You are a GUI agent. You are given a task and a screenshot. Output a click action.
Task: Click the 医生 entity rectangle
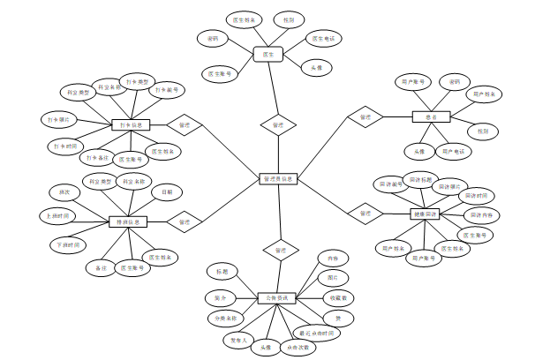[267, 55]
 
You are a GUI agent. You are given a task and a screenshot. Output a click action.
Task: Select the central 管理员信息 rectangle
[279, 179]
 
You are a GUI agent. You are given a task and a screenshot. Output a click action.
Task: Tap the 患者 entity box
[431, 116]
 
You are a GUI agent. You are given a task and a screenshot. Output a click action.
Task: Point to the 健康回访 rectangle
[425, 214]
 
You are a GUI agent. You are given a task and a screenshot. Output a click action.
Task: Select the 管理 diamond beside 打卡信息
[185, 125]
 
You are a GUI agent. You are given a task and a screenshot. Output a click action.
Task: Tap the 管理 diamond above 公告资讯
[280, 251]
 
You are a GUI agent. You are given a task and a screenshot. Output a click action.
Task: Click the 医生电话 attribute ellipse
[322, 39]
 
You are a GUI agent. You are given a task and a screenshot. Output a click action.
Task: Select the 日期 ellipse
[167, 191]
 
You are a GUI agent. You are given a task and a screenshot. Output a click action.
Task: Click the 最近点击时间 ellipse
[315, 333]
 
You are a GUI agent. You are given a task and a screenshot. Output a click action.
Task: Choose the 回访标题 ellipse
[421, 179]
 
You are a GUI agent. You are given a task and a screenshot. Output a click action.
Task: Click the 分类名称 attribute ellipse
[226, 317]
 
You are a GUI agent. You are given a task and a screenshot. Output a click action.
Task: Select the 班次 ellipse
[64, 191]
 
